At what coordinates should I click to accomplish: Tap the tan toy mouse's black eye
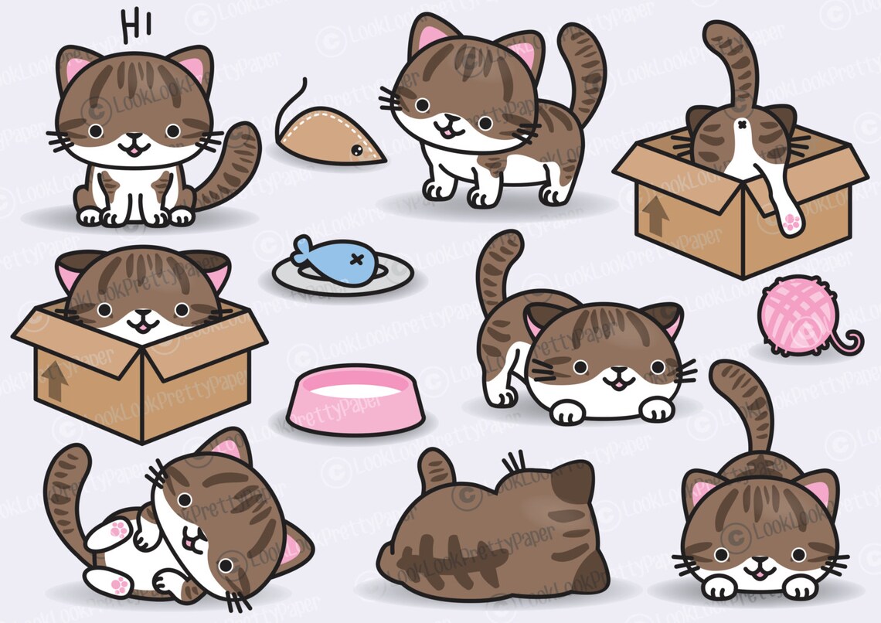356,148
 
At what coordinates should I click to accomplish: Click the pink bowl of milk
355,400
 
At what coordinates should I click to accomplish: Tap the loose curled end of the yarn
853,340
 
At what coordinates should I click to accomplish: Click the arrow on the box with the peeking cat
53,378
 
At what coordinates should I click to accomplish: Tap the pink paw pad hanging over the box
791,223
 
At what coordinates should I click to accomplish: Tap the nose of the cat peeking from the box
142,315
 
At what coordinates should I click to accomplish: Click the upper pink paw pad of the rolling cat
118,531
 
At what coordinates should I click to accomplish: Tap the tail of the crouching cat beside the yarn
495,271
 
